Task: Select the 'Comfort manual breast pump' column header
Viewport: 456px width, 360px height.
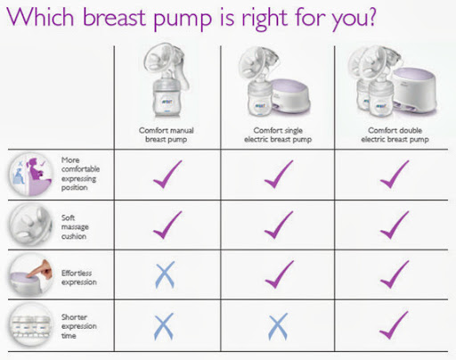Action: pyautogui.click(x=167, y=135)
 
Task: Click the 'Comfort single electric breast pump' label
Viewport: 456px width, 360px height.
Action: pyautogui.click(x=278, y=135)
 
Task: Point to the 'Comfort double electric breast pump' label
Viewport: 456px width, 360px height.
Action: pyautogui.click(x=395, y=135)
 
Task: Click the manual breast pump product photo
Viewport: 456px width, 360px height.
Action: pyautogui.click(x=167, y=81)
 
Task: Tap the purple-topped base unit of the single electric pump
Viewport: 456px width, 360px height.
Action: pyautogui.click(x=291, y=96)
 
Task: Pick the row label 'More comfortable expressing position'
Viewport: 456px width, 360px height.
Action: pyautogui.click(x=80, y=174)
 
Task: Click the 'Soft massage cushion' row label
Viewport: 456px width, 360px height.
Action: pyautogui.click(x=75, y=227)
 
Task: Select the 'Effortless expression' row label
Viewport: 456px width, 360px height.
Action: pyautogui.click(x=79, y=277)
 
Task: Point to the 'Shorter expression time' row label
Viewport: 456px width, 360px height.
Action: pyautogui.click(x=79, y=326)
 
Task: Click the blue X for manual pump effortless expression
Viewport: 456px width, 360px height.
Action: pyautogui.click(x=165, y=274)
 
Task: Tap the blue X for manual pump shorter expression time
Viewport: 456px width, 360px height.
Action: pyautogui.click(x=164, y=326)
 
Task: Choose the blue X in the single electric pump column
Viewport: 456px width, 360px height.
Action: pyautogui.click(x=278, y=326)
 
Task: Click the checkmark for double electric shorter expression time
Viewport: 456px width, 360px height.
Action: pyautogui.click(x=394, y=325)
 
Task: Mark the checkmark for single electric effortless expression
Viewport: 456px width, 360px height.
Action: pyautogui.click(x=279, y=274)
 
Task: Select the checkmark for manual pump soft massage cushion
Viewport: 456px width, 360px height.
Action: pyautogui.click(x=167, y=225)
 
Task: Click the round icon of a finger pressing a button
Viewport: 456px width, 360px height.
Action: pyautogui.click(x=31, y=275)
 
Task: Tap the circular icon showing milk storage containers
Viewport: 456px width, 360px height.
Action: pyautogui.click(x=31, y=325)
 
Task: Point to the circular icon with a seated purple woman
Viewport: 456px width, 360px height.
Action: pyautogui.click(x=31, y=175)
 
